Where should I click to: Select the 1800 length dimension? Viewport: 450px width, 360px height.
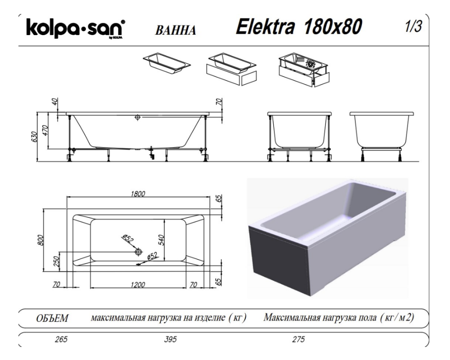click(138, 194)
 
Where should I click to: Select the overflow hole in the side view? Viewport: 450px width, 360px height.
click(138, 117)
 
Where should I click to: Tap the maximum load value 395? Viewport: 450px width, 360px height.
click(173, 339)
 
